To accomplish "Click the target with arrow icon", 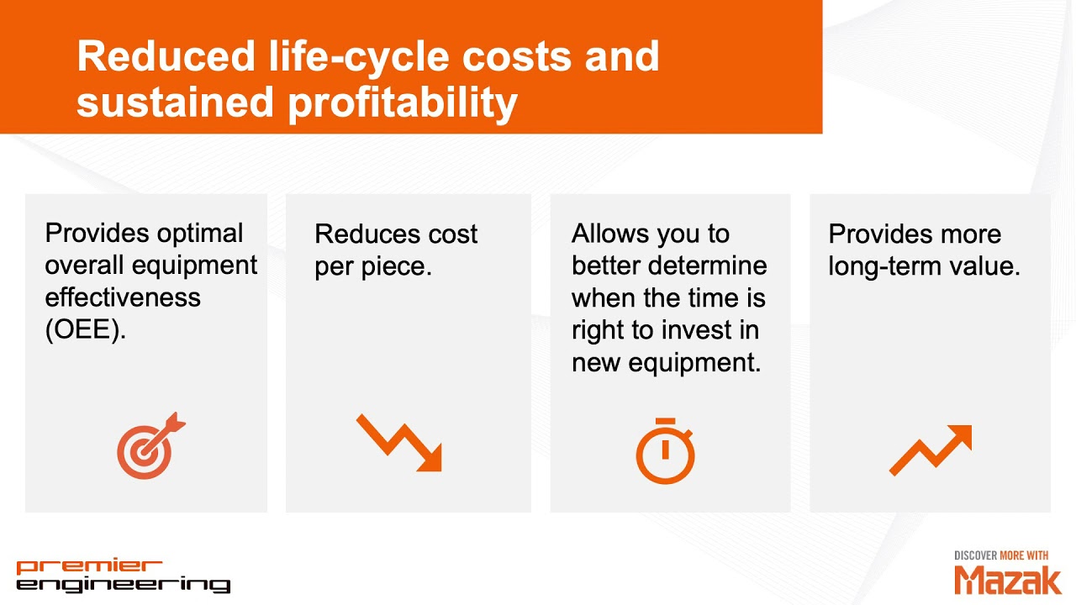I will click(150, 446).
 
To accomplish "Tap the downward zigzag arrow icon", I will click(399, 442).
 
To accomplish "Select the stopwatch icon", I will click(665, 451).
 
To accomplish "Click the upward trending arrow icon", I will click(931, 450).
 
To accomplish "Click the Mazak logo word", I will click(1008, 579).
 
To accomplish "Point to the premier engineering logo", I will click(123, 576).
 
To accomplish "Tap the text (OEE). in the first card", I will click(85, 329).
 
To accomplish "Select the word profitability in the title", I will click(402, 102).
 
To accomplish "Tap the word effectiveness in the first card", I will click(123, 297).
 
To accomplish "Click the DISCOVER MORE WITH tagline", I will click(1001, 555).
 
